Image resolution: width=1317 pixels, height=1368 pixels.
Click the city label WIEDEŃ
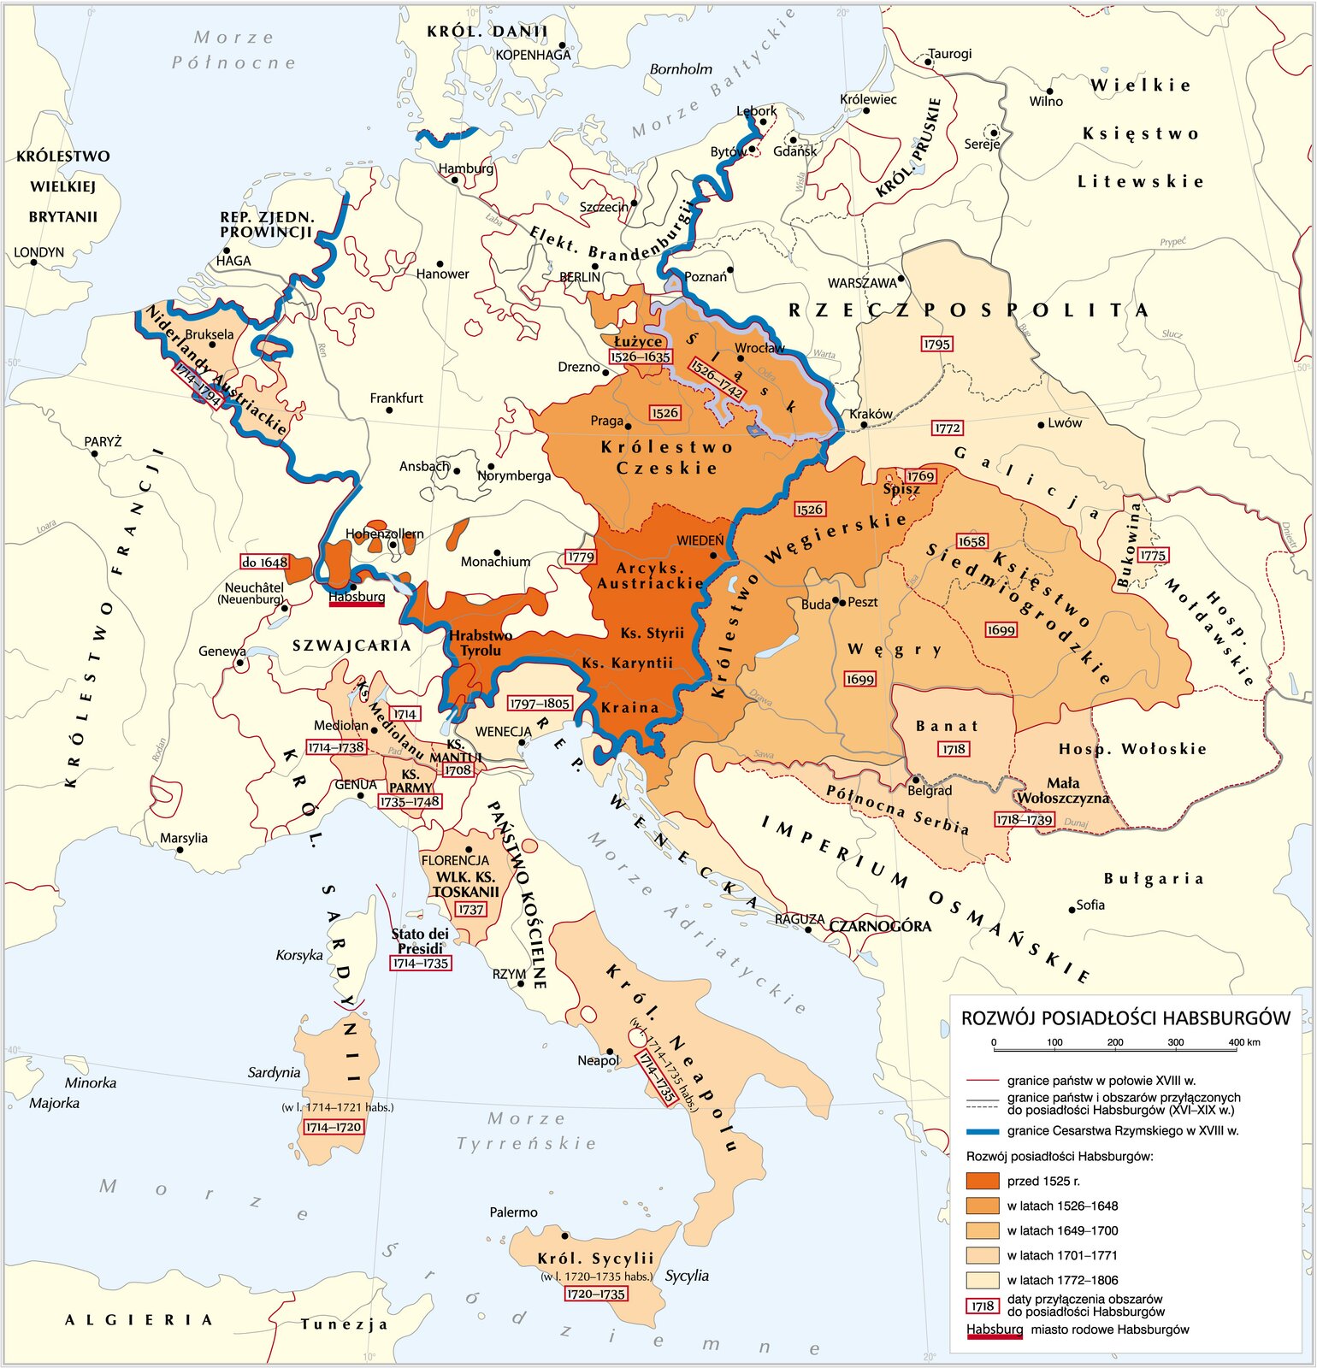(x=700, y=540)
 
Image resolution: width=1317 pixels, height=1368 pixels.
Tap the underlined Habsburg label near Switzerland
(x=357, y=597)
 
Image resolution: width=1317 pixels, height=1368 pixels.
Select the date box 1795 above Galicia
(x=936, y=344)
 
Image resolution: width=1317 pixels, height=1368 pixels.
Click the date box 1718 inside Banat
(x=954, y=749)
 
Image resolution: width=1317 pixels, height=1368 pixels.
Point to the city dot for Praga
(x=628, y=426)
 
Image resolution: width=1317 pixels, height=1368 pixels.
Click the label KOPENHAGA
(x=533, y=55)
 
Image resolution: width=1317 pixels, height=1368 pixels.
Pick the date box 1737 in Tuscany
(x=470, y=910)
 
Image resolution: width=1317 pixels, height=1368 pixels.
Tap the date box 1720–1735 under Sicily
(x=596, y=1294)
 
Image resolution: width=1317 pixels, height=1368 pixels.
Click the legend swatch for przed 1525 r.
(x=982, y=1181)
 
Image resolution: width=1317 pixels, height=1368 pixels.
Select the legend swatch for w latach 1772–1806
(x=982, y=1280)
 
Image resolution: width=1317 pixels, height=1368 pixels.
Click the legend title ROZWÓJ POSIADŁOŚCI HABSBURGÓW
(x=1125, y=1017)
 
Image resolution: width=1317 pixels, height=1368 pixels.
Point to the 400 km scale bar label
(x=1244, y=1042)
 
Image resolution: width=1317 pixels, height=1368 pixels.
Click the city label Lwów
(x=1065, y=422)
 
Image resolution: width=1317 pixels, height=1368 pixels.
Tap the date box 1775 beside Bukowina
(x=1152, y=555)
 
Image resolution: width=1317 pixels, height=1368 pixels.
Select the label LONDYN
(x=38, y=252)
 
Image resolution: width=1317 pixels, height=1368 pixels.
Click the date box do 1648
(x=264, y=562)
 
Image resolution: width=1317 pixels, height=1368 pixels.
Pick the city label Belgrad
(x=930, y=790)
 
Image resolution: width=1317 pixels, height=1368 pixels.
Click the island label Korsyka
(x=298, y=955)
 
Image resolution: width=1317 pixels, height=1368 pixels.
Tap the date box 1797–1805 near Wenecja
(x=539, y=703)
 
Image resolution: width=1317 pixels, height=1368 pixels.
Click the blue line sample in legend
(x=982, y=1131)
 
